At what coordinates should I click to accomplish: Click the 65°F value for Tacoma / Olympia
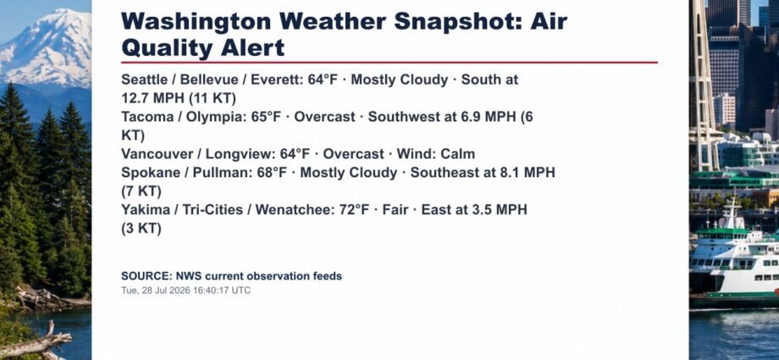(266, 117)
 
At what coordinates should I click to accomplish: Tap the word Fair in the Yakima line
(395, 210)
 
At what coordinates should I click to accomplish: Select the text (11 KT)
(213, 98)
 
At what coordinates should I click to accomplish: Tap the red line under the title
(389, 63)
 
